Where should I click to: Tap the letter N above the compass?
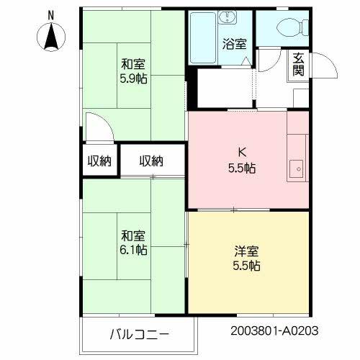point(50,14)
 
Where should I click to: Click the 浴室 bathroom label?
point(235,43)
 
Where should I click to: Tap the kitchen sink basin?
point(295,171)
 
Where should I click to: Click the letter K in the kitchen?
point(242,153)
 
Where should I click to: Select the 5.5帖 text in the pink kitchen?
point(242,168)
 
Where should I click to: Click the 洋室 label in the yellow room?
point(246,251)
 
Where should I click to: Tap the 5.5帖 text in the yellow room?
point(246,266)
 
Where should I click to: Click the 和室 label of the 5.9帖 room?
point(133,63)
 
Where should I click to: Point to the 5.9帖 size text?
point(133,78)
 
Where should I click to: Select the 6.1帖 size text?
point(134,250)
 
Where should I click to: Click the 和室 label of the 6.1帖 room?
point(134,235)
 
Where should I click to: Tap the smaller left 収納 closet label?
point(99,161)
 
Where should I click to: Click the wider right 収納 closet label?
point(151,161)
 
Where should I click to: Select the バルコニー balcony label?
point(140,335)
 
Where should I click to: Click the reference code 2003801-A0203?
point(274,333)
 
